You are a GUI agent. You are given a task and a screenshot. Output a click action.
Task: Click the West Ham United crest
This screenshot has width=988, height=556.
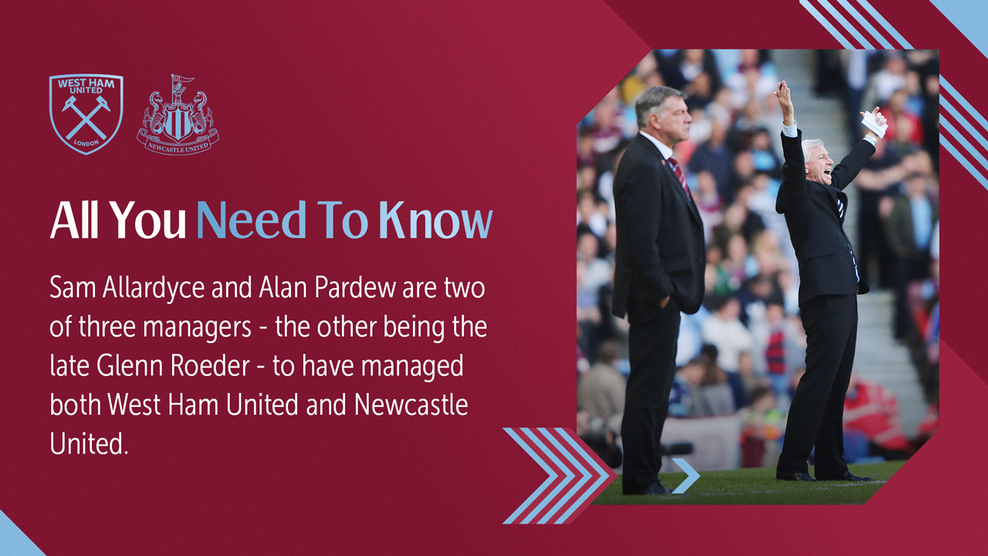click(86, 113)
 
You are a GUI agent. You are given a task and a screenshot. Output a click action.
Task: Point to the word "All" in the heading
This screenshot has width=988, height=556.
click(74, 221)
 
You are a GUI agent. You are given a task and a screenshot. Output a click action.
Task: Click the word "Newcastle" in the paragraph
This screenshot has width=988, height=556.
click(411, 405)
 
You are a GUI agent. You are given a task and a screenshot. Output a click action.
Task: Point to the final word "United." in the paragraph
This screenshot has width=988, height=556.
click(88, 443)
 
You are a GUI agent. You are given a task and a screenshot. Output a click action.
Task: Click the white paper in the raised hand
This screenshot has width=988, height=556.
click(874, 123)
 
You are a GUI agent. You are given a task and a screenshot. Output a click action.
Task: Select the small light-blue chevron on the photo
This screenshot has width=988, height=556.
click(685, 476)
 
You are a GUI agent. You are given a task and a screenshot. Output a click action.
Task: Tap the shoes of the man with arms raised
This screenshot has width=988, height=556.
click(826, 475)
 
